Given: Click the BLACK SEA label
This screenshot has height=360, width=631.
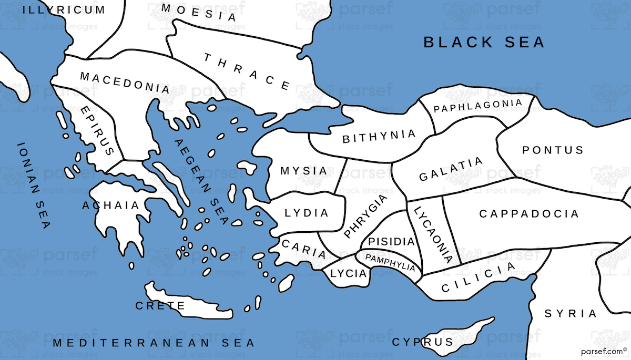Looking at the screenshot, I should pos(484,42).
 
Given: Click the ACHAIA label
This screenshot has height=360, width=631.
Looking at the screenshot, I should pos(111,205).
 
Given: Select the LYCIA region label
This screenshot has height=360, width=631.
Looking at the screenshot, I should pos(348,273).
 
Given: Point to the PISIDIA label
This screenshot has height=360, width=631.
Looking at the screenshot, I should pos(392,242).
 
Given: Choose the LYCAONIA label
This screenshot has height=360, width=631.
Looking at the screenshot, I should pos(433,234).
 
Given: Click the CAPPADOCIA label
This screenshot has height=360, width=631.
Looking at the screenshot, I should pos(529,214).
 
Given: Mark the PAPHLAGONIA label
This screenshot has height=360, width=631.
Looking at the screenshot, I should pos(478,106).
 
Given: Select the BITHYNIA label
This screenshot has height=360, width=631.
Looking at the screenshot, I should pos(379,137).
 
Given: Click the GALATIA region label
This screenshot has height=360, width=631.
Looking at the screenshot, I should pos(451,169).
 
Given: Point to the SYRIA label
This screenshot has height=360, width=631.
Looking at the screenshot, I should pos(571,314).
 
